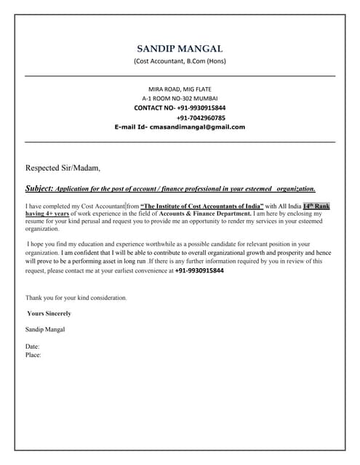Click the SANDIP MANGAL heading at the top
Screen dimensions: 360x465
pos(180,49)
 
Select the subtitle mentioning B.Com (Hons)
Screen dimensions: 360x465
pos(180,61)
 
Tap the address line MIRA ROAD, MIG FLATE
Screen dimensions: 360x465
pos(180,89)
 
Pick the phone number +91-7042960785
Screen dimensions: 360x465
pos(201,117)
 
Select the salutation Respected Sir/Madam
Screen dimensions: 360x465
pos(63,168)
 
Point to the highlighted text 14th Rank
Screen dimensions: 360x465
pos(316,206)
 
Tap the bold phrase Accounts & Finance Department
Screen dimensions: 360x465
pos(211,214)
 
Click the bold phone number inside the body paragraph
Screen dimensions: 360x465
pos(199,270)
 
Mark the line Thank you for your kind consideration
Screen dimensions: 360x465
pos(76,298)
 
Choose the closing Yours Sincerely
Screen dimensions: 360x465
pos(49,313)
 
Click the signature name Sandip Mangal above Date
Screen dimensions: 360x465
pos(45,329)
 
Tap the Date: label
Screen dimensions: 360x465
pos(33,347)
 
